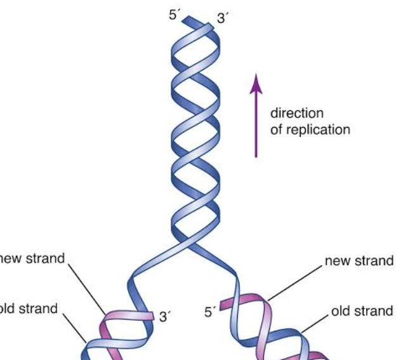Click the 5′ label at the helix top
(174, 13)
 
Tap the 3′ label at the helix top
(222, 18)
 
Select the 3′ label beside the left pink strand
(166, 316)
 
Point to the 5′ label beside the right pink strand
(211, 312)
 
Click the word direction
(297, 114)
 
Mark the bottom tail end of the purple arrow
(256, 155)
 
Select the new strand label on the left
(32, 258)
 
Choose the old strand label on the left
(29, 309)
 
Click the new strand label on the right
(359, 260)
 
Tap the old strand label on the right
(362, 310)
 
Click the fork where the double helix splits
(190, 244)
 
